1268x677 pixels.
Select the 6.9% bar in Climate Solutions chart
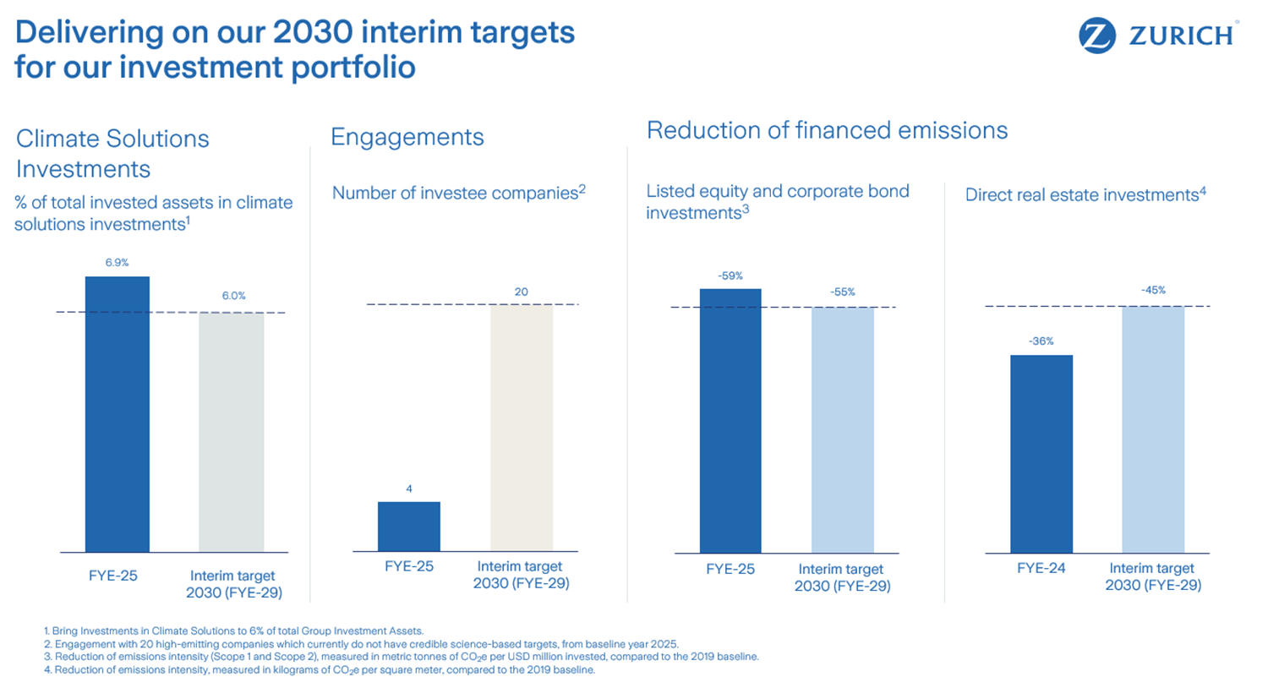tap(118, 414)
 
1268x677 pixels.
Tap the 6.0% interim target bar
tap(232, 432)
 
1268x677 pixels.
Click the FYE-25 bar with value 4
tap(409, 527)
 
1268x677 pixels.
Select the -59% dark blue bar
tap(730, 420)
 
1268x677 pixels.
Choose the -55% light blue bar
tap(843, 429)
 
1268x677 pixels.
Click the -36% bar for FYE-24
tap(1041, 453)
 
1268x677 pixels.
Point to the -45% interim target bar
tap(1153, 429)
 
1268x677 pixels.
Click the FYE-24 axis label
tap(1041, 568)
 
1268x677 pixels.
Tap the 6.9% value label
tap(117, 263)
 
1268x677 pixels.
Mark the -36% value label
tap(1041, 341)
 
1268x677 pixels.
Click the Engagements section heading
tap(407, 137)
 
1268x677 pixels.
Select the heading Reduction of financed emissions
tap(827, 130)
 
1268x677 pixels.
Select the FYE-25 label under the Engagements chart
tap(408, 566)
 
